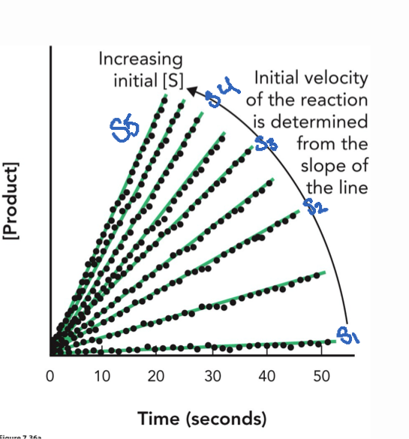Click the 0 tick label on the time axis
tap(50, 375)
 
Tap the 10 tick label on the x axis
tap(103, 375)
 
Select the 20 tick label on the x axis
tap(158, 375)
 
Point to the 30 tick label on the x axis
tap(212, 375)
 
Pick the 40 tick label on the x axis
tap(266, 375)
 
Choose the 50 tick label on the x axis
tap(321, 375)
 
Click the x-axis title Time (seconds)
tap(202, 417)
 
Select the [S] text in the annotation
tap(170, 80)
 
